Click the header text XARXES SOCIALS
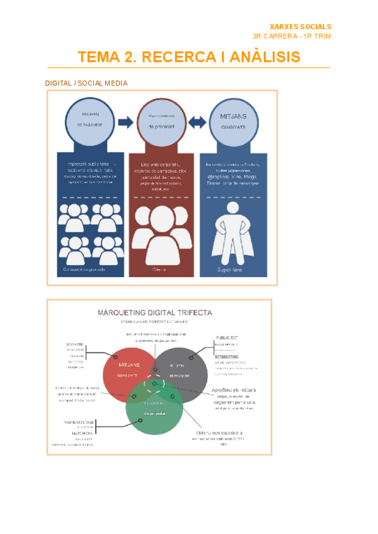pyautogui.click(x=300, y=26)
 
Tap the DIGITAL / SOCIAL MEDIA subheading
pyautogui.click(x=86, y=83)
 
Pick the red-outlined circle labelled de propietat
pyautogui.click(x=161, y=120)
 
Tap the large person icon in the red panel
pyautogui.click(x=161, y=236)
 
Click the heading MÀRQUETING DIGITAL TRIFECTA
pyautogui.click(x=155, y=312)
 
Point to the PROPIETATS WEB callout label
pyautogui.click(x=80, y=422)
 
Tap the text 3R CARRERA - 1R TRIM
pyautogui.click(x=291, y=37)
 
